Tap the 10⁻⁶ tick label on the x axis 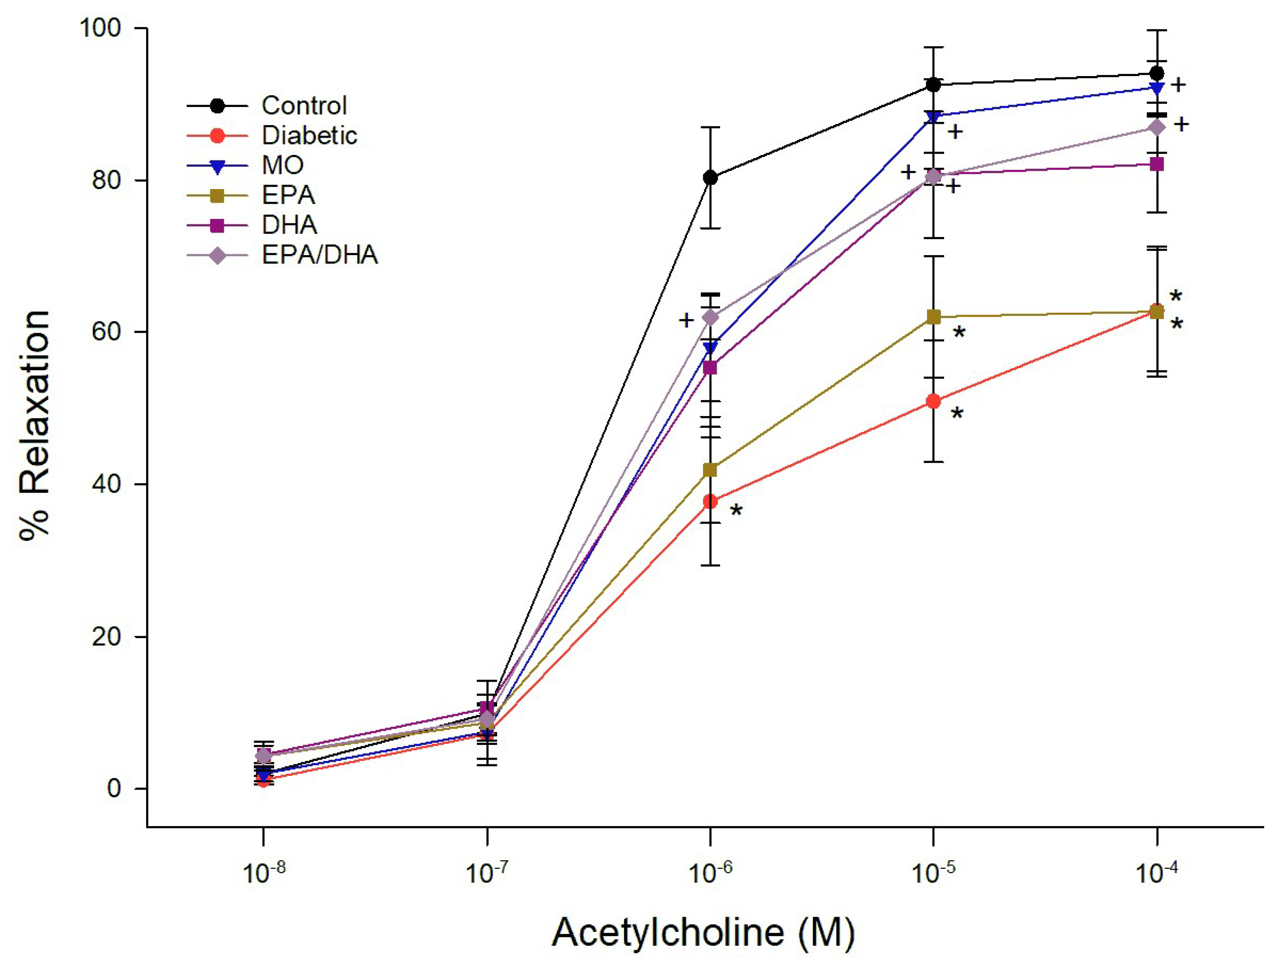(x=710, y=872)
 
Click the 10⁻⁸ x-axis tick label (x=263, y=872)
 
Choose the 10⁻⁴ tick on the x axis (x=1156, y=872)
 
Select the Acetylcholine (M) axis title (x=703, y=932)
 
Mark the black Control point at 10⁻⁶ (x=711, y=178)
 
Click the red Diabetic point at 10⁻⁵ (x=934, y=401)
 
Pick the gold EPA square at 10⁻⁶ (x=711, y=470)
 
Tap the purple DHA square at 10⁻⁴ (x=1157, y=165)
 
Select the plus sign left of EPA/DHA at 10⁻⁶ (x=686, y=320)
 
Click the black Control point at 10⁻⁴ (x=1157, y=73)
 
